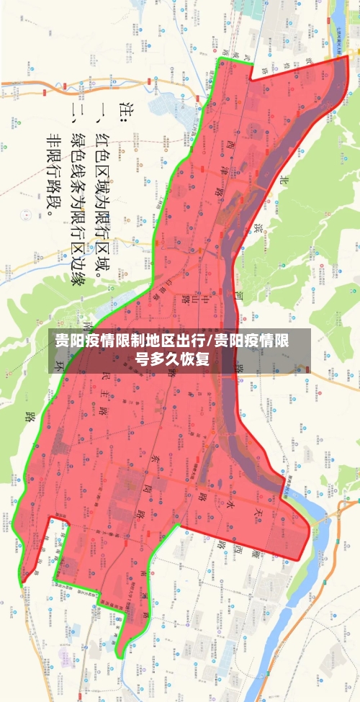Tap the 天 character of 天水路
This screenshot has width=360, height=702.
pyautogui.click(x=257, y=513)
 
